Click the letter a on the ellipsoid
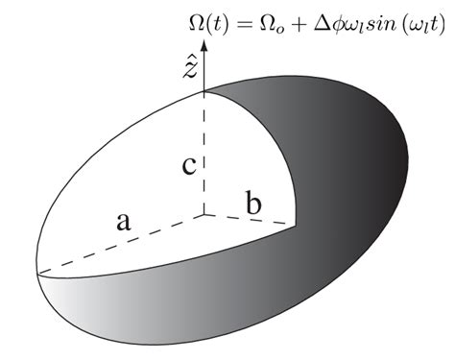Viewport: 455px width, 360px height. pos(123,223)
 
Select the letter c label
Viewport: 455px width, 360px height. pos(190,164)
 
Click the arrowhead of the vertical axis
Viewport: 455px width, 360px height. pos(204,39)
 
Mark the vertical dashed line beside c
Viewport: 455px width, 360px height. pos(204,154)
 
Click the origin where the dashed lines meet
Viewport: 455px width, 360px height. pos(204,216)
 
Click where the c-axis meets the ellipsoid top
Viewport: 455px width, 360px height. pos(204,92)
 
